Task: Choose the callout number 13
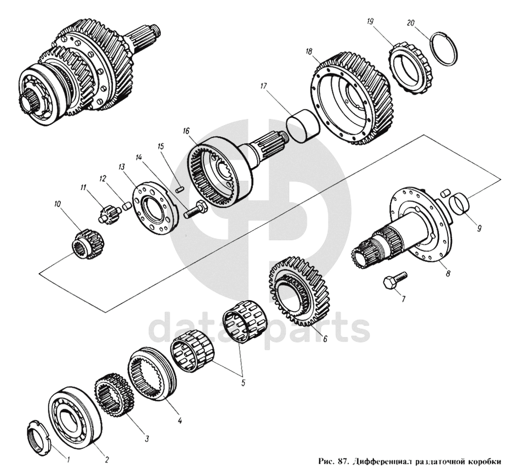[x=121, y=166]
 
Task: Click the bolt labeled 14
[x=194, y=210]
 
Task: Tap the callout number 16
[x=186, y=131]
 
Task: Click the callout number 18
[x=309, y=51]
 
